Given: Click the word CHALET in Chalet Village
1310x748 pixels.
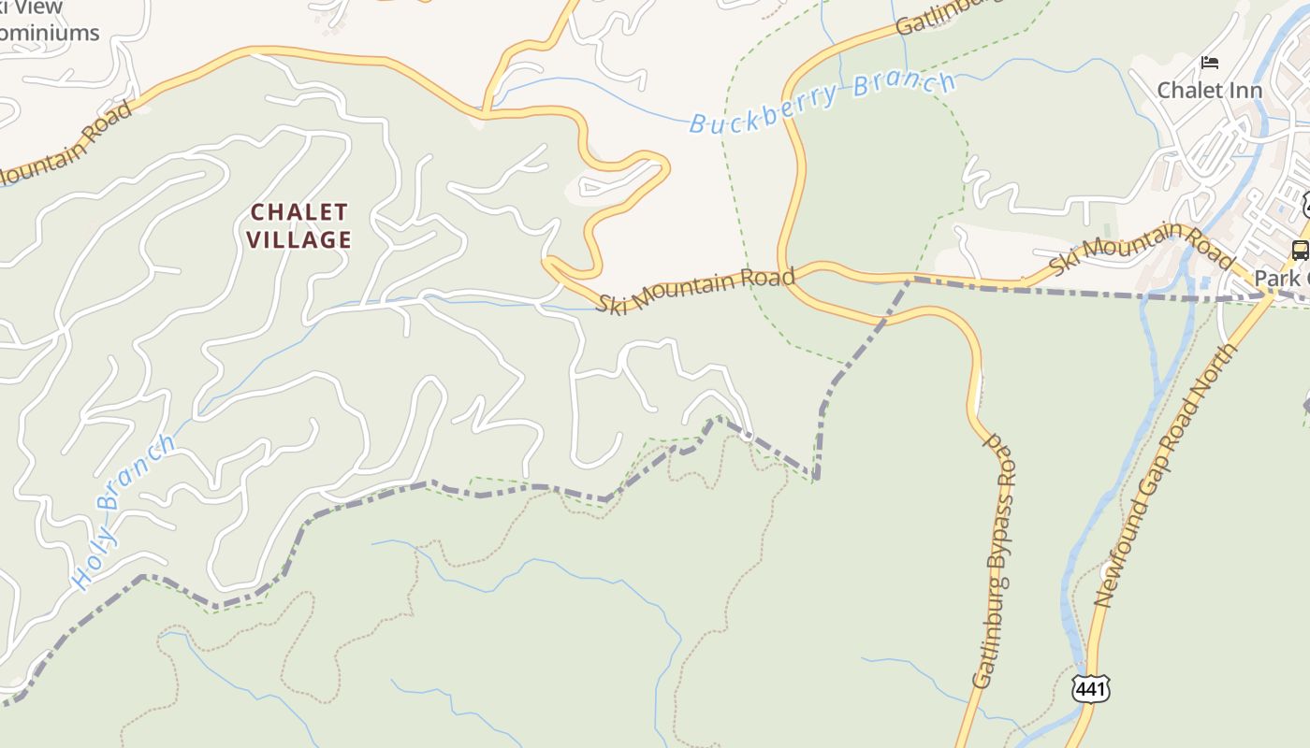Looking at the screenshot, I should point(299,212).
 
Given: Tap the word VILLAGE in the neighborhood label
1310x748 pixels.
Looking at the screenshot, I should point(299,240).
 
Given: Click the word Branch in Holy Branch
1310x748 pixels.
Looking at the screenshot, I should point(136,473).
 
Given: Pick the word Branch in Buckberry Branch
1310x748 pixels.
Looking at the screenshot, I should point(903,85).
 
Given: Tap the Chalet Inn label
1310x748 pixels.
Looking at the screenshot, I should point(1209,91).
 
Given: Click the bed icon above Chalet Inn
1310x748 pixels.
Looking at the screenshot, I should point(1210,64).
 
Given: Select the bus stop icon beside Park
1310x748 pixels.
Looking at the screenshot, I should point(1300,250).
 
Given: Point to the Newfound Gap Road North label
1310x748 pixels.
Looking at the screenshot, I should point(1165,477).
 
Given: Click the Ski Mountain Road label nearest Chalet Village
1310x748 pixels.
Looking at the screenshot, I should point(696,290).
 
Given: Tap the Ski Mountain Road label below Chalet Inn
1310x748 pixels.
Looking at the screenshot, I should point(1142,248).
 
